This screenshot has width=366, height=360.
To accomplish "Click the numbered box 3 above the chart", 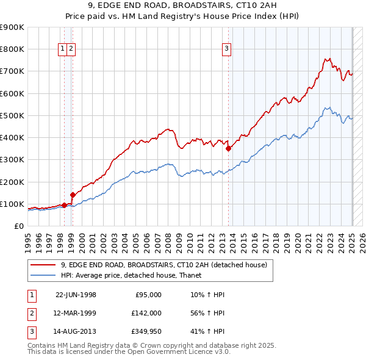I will [226, 49].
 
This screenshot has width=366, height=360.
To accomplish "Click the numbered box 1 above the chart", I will [63, 49].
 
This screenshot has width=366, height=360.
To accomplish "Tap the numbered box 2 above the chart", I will [71, 49].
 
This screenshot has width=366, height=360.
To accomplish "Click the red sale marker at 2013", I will [228, 148].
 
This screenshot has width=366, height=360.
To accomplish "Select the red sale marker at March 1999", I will [73, 195].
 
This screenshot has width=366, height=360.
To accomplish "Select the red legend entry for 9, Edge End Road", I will [163, 265].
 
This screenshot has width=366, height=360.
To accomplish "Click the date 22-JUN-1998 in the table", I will [76, 295].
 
